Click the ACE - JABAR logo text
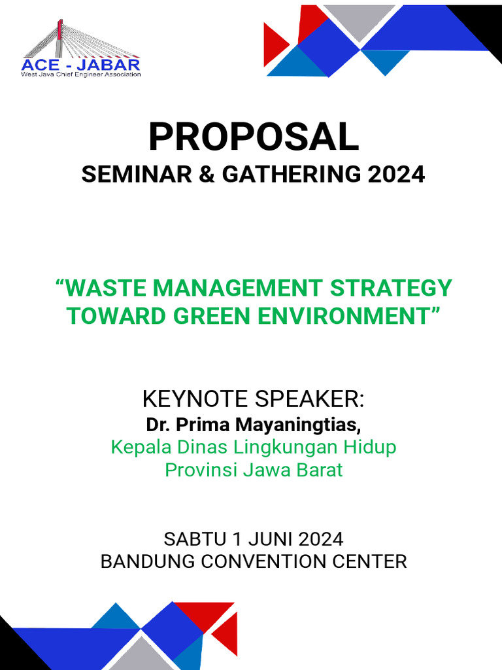[81, 65]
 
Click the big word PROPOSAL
[254, 137]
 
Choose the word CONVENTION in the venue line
[274, 561]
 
